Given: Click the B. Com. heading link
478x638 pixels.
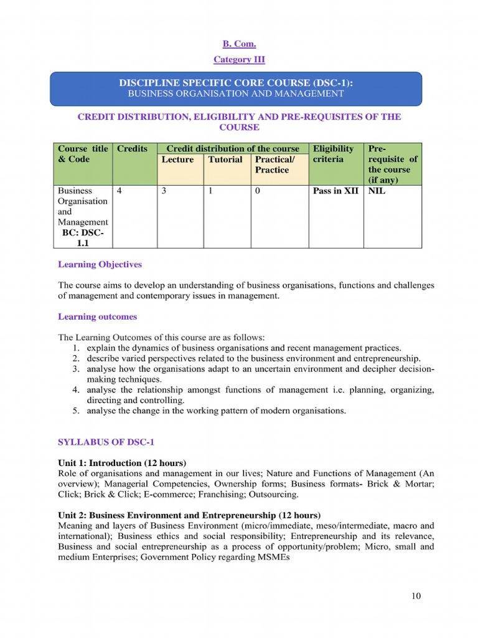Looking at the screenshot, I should click(x=239, y=44).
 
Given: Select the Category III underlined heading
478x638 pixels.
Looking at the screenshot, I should click(x=239, y=60).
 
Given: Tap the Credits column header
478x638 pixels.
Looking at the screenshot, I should click(x=133, y=149).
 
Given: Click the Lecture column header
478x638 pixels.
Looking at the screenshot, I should click(x=177, y=159).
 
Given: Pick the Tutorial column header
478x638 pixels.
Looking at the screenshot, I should click(x=225, y=159).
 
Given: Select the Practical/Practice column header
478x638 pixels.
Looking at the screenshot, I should click(x=275, y=164).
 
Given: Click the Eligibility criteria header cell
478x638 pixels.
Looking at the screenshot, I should click(x=333, y=154).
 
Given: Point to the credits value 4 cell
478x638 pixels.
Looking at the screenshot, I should click(x=119, y=191).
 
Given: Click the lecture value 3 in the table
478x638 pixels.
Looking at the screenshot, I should click(x=164, y=191).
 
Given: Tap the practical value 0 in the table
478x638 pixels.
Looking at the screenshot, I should click(x=258, y=191).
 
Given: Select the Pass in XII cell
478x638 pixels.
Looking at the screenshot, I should click(x=335, y=191).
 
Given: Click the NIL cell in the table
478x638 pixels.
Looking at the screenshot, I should click(x=377, y=191).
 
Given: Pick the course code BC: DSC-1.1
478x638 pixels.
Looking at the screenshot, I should click(x=83, y=238).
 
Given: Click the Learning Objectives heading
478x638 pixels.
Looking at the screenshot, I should click(x=100, y=264).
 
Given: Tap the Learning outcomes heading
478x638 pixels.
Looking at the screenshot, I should click(x=97, y=317).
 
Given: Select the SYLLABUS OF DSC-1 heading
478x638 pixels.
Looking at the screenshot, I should click(x=106, y=442).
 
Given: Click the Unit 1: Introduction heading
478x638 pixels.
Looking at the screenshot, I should click(x=122, y=463).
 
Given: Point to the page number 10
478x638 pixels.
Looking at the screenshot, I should click(x=416, y=596).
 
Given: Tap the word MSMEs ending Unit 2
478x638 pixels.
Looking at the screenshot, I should click(x=273, y=558).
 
